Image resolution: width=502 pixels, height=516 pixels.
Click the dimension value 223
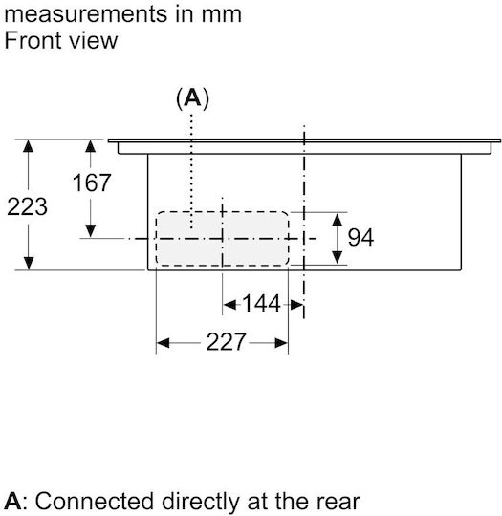tap(27, 206)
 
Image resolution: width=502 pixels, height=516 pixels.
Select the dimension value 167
tap(91, 183)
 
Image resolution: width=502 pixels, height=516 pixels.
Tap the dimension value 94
tap(360, 237)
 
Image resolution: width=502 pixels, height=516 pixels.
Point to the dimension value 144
tap(261, 303)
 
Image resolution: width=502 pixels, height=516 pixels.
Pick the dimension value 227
tap(226, 342)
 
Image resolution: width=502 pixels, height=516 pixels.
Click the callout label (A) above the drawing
tap(193, 97)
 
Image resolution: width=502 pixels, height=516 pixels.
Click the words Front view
tap(61, 40)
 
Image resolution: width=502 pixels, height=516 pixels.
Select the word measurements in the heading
tap(86, 14)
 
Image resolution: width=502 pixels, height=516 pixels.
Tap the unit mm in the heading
tap(221, 15)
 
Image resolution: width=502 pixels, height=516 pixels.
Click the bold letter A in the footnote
tap(12, 502)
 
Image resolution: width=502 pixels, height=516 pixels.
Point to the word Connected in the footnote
tap(95, 502)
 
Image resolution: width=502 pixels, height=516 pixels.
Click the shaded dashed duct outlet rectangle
tap(223, 238)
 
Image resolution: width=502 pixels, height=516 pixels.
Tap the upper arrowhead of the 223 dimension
tap(29, 146)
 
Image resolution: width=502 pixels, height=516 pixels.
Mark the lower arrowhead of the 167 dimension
tap(90, 230)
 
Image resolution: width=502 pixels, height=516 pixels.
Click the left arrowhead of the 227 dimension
tap(164, 343)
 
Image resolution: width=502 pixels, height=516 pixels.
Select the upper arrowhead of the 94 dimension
tap(337, 220)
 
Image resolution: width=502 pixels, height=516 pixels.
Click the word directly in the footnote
tap(201, 502)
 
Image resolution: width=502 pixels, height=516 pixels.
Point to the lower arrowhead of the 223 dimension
tap(29, 264)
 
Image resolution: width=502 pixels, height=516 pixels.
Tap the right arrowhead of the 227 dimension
tap(281, 343)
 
